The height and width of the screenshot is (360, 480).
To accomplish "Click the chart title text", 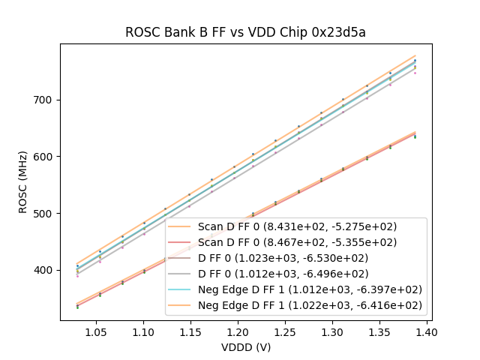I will pos(245,32).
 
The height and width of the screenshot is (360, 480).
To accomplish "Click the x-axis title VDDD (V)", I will pos(246,347).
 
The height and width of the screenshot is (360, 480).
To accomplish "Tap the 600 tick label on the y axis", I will pos(46,157).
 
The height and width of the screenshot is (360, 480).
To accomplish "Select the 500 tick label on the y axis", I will pos(46,213).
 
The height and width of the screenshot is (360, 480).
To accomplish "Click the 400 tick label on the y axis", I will pos(46,270).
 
